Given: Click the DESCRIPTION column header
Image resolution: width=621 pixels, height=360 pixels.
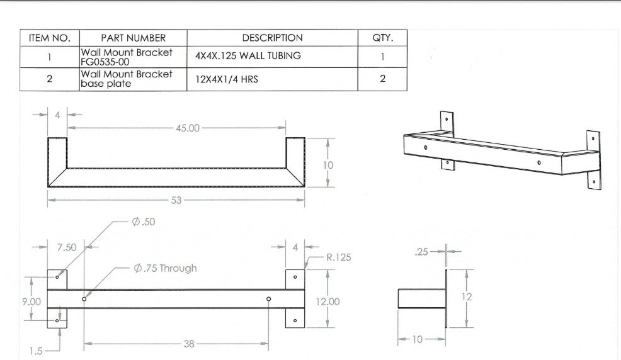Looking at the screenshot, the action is (x=273, y=38).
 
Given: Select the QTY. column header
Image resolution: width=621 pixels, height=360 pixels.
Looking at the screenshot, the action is (x=382, y=38).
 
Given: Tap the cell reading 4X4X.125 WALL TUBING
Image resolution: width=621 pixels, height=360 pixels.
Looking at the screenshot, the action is (x=248, y=56).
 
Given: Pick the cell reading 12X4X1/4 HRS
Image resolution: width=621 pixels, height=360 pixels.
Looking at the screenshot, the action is (x=227, y=79).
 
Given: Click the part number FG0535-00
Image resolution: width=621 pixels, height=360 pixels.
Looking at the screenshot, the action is (x=105, y=62).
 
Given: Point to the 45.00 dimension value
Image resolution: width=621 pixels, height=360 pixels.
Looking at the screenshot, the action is (x=188, y=128).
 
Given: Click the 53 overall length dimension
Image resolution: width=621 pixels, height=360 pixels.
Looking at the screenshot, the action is (x=176, y=200).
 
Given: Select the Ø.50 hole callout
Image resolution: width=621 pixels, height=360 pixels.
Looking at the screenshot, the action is (x=144, y=222).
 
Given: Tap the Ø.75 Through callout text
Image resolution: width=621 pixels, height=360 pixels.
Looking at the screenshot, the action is (x=165, y=268).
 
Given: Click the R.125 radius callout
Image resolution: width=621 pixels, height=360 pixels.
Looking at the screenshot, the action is (x=339, y=257).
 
